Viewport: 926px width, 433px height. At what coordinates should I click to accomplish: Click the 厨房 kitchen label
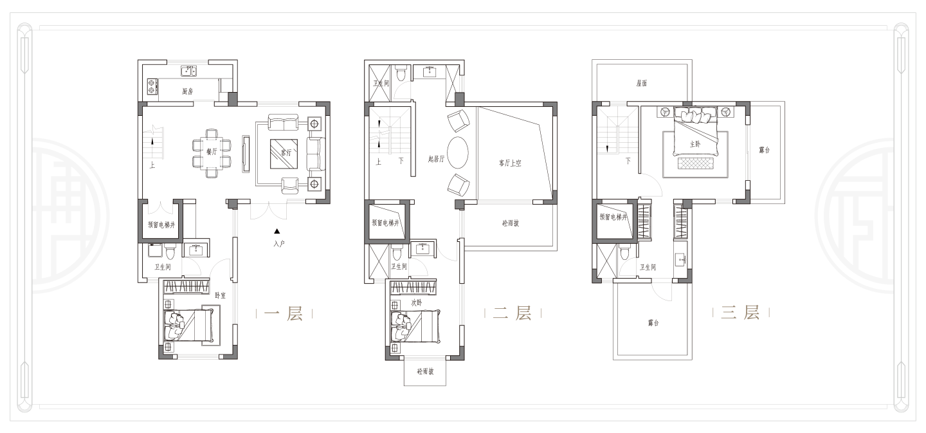tap(188, 91)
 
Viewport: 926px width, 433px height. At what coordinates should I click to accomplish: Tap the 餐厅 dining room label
tap(212, 152)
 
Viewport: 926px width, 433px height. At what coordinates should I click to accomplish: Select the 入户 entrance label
tap(279, 244)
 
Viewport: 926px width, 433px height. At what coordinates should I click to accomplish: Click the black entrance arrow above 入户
tap(277, 232)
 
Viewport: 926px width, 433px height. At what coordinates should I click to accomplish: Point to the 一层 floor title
tap(284, 313)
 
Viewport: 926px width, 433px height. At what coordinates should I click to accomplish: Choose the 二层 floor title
tap(512, 313)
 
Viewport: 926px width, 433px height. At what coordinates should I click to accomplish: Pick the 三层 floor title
tap(740, 313)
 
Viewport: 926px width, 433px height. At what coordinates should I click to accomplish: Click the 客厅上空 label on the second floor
tap(510, 163)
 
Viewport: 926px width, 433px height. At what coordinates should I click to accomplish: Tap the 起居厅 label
tap(436, 159)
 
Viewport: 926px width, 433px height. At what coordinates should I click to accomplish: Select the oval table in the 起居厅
tap(458, 152)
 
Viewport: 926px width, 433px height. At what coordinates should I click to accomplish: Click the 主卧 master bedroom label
tap(695, 144)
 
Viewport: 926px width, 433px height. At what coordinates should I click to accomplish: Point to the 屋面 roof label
tap(642, 83)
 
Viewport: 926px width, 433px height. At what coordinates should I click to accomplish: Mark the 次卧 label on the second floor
tap(417, 303)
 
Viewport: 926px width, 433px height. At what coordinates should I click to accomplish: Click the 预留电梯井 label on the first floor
tap(161, 225)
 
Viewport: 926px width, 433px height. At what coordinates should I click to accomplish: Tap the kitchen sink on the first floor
tap(189, 71)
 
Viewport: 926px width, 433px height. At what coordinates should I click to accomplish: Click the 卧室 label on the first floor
tap(221, 296)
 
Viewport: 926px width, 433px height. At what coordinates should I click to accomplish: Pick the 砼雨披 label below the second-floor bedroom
tap(425, 371)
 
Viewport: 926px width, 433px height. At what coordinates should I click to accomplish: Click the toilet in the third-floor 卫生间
tap(624, 252)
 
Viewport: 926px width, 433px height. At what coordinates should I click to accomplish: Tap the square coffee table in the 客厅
tap(284, 154)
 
